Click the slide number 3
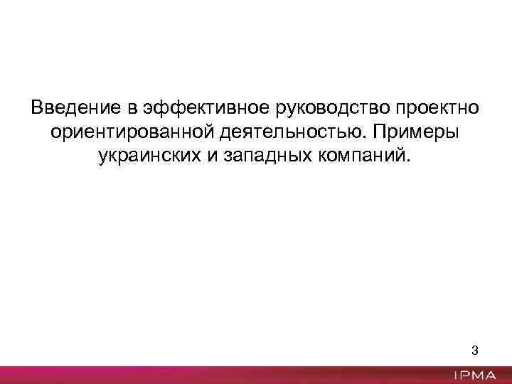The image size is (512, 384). [x=475, y=351]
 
